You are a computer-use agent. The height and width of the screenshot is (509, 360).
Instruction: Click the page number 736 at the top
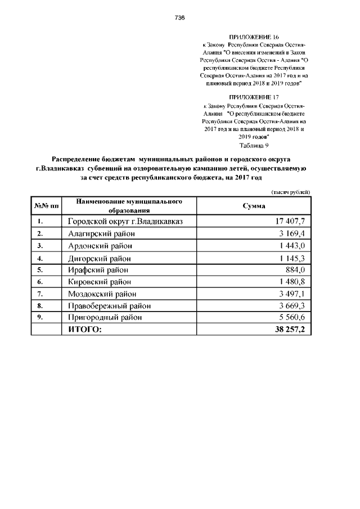[180, 17]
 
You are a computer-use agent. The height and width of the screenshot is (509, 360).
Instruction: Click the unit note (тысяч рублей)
[290, 192]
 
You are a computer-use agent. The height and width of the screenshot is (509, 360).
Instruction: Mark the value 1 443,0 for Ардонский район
[291, 246]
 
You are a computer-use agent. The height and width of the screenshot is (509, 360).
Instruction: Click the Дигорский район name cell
[100, 258]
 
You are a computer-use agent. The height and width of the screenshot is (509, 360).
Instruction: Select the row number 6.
[40, 282]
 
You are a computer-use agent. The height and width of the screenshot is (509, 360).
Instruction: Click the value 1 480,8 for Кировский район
[291, 282]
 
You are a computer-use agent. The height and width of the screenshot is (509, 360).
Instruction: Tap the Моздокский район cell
[101, 294]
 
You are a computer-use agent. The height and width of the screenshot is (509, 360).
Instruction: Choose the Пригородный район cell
[105, 317]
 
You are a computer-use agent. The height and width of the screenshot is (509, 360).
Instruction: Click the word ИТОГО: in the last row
[85, 329]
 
